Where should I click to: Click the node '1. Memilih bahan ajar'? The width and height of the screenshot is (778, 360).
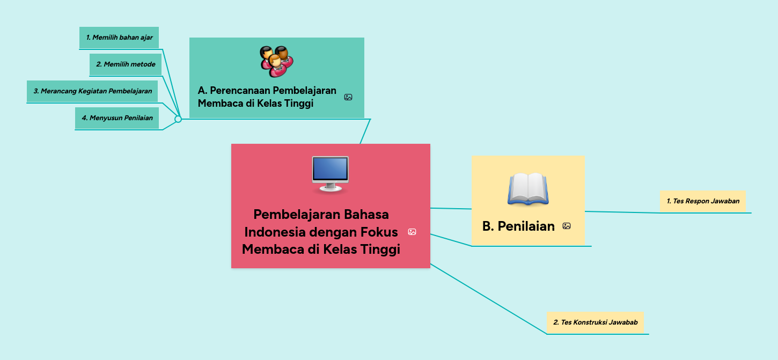click(119, 38)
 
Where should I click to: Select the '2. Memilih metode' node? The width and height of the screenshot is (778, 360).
click(126, 64)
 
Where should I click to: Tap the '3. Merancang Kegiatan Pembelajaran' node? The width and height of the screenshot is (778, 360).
click(92, 91)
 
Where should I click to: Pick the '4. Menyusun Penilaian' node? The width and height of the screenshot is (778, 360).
click(117, 118)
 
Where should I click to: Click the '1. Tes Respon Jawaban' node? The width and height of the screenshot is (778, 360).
click(703, 201)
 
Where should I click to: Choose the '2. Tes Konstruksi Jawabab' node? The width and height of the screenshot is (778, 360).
click(595, 322)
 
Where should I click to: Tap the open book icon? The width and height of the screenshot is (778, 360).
click(528, 189)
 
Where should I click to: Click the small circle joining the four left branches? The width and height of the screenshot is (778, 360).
click(178, 119)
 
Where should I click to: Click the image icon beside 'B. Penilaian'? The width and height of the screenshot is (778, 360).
click(567, 226)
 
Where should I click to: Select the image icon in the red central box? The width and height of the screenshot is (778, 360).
click(412, 232)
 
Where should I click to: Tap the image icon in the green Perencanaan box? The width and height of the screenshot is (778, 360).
click(348, 97)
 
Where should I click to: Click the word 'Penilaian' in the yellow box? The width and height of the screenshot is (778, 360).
click(526, 226)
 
